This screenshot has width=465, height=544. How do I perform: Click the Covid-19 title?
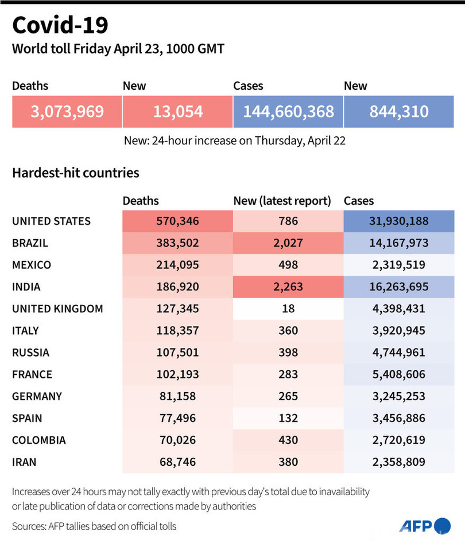(60, 26)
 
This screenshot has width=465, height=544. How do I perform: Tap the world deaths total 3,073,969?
(67, 111)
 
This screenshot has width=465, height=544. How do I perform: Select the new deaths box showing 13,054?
(177, 111)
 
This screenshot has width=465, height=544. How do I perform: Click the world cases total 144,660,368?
(288, 111)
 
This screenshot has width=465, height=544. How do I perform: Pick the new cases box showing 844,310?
(398, 111)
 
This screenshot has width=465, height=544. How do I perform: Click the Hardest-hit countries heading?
(75, 172)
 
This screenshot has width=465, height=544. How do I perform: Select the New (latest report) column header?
(282, 201)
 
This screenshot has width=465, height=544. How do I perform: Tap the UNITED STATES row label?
(51, 221)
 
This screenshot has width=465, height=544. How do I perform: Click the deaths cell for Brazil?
(177, 243)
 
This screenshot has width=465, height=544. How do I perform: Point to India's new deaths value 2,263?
(288, 286)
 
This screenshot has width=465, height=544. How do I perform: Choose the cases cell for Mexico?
(398, 265)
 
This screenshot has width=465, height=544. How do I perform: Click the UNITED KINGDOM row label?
(57, 309)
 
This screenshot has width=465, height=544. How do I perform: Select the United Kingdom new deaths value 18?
(288, 309)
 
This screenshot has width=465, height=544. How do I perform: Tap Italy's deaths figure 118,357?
(177, 331)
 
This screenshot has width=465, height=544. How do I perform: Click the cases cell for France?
(398, 374)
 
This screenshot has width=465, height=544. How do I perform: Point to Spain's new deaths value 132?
(288, 418)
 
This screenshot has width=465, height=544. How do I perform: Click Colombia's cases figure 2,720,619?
(398, 440)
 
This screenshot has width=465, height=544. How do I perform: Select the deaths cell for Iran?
(177, 462)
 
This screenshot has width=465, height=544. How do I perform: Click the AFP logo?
(425, 526)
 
